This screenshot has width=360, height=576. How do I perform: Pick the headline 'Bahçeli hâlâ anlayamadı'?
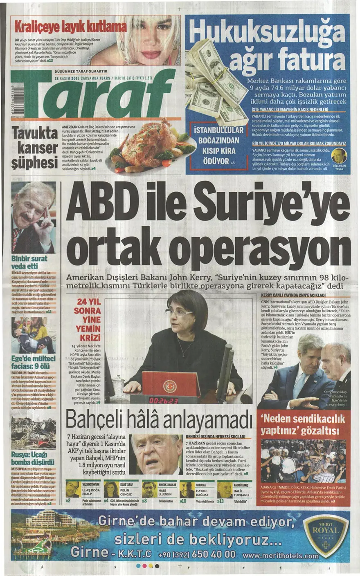159,419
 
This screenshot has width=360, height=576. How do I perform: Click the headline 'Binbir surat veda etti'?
29,262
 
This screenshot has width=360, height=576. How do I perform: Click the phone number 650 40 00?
209,554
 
